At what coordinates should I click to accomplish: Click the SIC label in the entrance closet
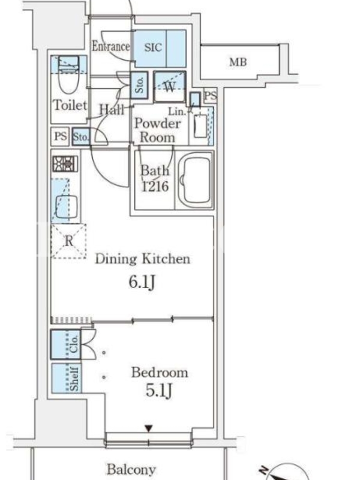(153, 47)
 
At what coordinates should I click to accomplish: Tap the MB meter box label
(238, 62)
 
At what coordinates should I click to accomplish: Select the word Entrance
(111, 47)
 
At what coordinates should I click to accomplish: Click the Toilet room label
(70, 106)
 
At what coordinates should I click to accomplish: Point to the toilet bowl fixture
(69, 76)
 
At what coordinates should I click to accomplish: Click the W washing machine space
(170, 86)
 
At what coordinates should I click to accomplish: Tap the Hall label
(112, 109)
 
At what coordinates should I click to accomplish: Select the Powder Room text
(157, 130)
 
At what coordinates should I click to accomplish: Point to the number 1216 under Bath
(155, 186)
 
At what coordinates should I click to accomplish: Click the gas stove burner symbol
(65, 164)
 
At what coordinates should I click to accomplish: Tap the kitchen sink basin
(67, 206)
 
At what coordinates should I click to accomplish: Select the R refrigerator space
(68, 242)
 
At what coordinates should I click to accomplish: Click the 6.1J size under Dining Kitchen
(142, 282)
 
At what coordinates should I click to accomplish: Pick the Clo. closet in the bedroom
(66, 344)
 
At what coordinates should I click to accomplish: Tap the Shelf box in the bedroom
(67, 379)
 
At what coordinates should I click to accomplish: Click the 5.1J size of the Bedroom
(158, 391)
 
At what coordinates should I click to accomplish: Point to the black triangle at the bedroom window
(149, 428)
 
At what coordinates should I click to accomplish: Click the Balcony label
(131, 469)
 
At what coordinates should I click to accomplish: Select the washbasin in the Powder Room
(200, 126)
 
